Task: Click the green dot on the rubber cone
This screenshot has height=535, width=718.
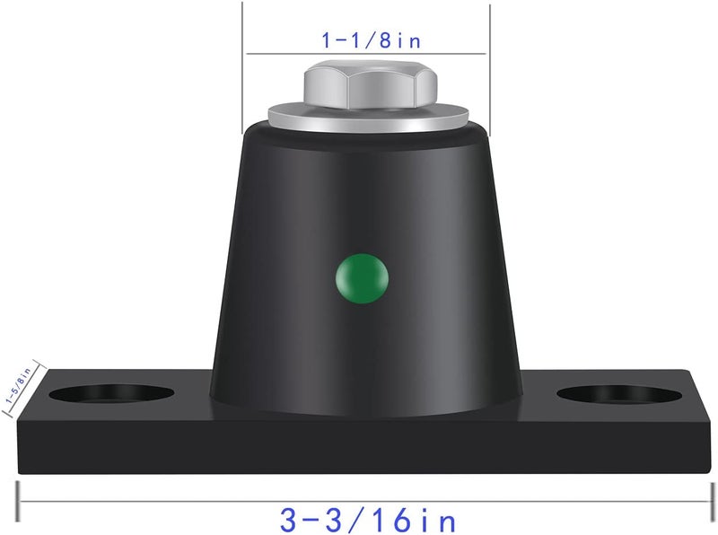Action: click(362, 278)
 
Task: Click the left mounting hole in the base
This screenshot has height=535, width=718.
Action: click(111, 394)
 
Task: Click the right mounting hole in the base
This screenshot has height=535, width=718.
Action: click(619, 395)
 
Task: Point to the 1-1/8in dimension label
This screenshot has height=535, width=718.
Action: click(371, 40)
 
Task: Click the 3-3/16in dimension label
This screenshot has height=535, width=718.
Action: click(368, 520)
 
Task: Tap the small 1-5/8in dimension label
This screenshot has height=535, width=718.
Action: click(18, 385)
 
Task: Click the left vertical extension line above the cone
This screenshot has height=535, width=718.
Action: click(242, 68)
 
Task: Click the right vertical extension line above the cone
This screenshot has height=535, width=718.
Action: click(490, 70)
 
